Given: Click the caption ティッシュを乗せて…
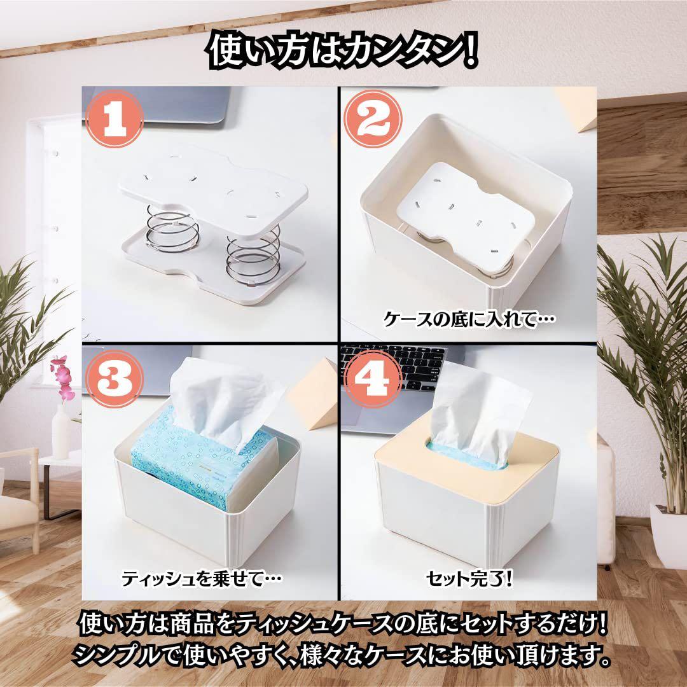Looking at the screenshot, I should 202,579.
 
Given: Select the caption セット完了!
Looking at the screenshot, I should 469,579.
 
